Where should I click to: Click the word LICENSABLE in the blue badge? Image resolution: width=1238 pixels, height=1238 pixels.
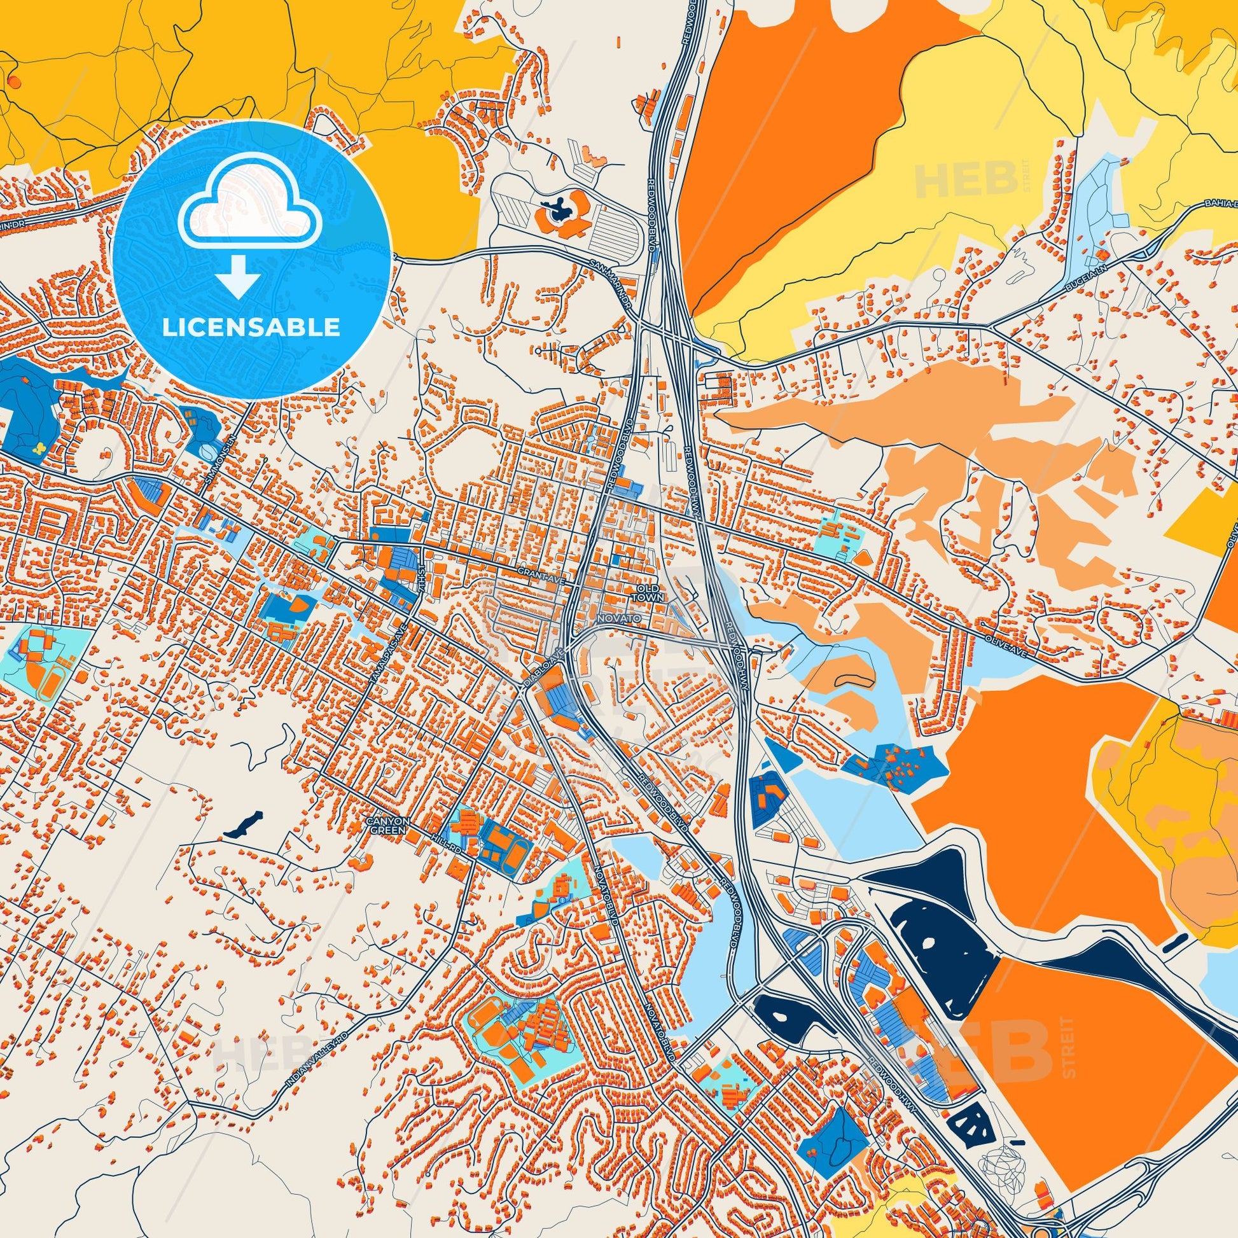coord(251,328)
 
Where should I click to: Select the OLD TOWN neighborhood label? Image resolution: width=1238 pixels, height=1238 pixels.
coord(648,592)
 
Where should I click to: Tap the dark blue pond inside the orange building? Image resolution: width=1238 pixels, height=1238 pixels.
coord(554,207)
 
